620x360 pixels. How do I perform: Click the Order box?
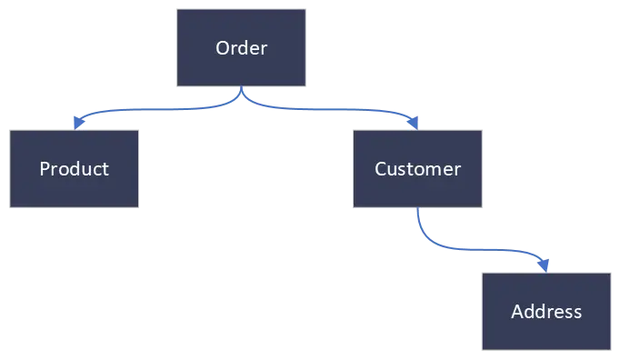point(241,48)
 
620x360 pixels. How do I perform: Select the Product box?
point(75,169)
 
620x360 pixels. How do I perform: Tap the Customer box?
point(417,169)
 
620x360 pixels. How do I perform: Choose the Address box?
point(545,312)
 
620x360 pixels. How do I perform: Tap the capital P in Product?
point(45,169)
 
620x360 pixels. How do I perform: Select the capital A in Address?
point(517,312)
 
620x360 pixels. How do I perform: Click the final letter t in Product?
point(105,169)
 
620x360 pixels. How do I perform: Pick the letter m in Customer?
point(435,169)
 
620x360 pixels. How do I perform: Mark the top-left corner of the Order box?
point(176,10)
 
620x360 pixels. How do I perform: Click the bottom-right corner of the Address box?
point(611,351)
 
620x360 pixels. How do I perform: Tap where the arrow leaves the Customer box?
point(416,210)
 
